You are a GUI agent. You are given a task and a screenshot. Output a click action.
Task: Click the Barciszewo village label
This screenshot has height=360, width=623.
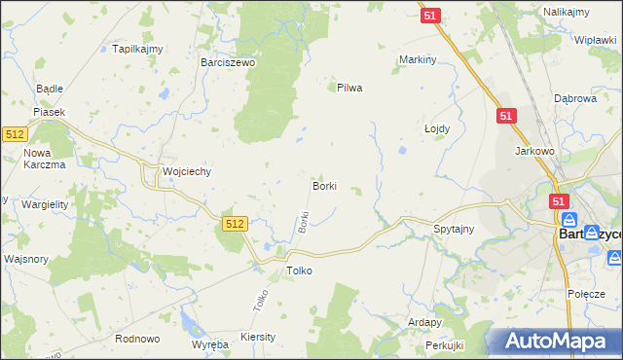227,61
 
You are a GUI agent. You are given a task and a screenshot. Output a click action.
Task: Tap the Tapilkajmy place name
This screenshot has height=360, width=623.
136,49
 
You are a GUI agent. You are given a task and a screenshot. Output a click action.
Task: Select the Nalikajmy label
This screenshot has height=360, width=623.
568,10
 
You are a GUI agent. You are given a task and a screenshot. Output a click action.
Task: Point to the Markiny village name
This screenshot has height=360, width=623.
416,59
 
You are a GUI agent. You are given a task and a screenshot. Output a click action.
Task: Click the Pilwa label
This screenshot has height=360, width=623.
348,88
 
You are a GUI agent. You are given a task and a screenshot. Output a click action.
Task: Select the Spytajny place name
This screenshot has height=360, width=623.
453,230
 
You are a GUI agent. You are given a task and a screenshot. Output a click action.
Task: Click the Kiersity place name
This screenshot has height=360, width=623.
257,336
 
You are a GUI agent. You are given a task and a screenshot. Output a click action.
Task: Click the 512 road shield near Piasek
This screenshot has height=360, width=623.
14,134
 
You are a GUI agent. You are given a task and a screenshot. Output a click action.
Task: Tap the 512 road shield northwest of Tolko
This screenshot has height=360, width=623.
234,224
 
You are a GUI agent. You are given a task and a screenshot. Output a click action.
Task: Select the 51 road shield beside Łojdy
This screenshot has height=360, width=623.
505,116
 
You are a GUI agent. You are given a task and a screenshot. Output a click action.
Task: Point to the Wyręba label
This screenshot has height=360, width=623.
209,345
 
